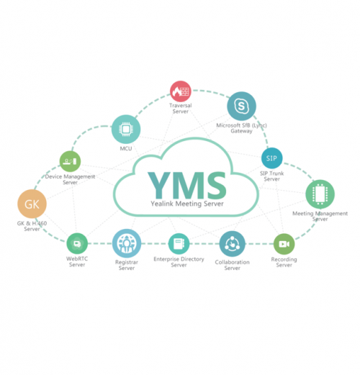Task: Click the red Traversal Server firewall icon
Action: (181, 91)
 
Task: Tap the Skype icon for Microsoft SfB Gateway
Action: (241, 106)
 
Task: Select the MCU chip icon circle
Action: (126, 130)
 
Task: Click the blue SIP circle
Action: (271, 158)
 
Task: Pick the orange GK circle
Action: (32, 204)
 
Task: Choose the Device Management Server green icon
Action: (70, 161)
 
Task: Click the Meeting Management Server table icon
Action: (320, 194)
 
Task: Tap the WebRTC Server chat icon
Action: (77, 244)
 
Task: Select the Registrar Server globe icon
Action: (127, 243)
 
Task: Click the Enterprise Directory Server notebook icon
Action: (179, 244)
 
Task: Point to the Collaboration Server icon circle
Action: (233, 244)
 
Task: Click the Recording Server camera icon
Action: (284, 244)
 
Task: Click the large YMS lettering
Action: (187, 185)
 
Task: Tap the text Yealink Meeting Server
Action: (187, 204)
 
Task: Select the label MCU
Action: (126, 148)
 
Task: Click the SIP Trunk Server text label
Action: (272, 176)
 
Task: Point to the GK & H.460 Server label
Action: (32, 226)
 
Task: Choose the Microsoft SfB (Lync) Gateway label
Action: (241, 128)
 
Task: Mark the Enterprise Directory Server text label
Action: (179, 262)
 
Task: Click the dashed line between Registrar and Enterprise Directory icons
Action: (155, 244)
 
